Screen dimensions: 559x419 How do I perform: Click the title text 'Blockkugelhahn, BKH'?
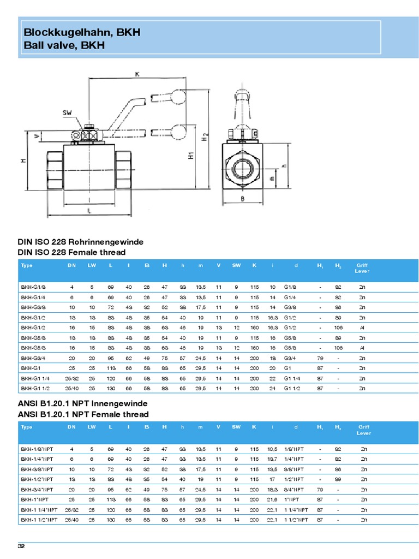point(82,32)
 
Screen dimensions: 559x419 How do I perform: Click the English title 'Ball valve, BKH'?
point(64,45)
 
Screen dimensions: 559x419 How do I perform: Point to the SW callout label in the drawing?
point(68,113)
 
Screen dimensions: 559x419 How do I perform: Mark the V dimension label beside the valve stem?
point(37,135)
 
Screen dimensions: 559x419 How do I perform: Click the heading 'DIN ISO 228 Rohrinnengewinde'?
point(81,242)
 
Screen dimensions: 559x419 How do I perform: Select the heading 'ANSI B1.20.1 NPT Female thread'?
point(83,414)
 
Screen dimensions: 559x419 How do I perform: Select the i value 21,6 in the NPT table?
point(273,499)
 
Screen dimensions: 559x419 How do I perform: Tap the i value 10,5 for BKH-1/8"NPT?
point(273,449)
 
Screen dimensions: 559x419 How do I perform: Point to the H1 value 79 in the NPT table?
point(319,489)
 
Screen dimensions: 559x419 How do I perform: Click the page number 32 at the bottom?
point(22,546)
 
